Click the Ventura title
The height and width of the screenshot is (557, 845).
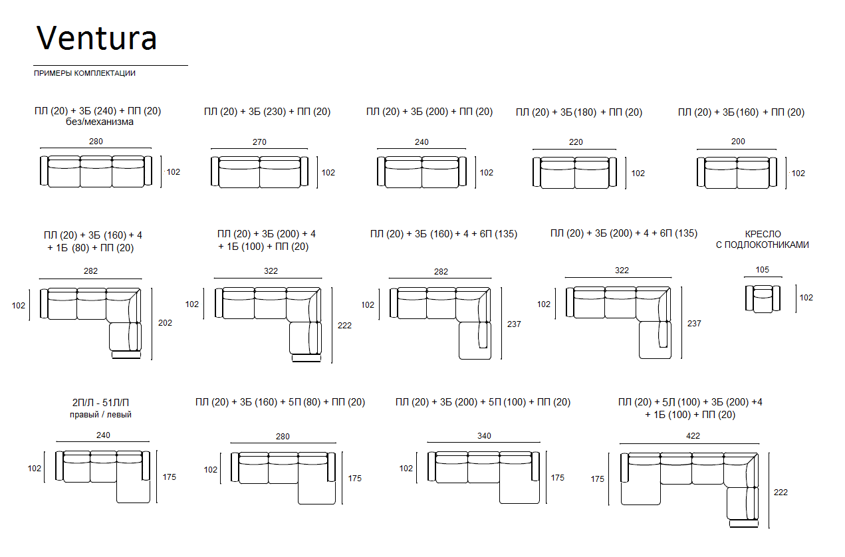pyautogui.click(x=96, y=38)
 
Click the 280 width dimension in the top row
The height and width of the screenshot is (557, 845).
pyautogui.click(x=96, y=142)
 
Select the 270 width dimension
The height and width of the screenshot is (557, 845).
pyautogui.click(x=259, y=142)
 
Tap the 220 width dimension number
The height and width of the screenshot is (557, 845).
pyautogui.click(x=576, y=142)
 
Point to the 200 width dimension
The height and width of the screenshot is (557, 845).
pyautogui.click(x=738, y=142)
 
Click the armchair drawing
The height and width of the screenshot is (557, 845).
pyautogui.click(x=763, y=298)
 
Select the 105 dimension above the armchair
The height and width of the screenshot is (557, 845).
pyautogui.click(x=762, y=270)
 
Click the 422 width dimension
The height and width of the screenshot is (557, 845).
pyautogui.click(x=693, y=436)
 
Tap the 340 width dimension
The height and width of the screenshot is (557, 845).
pyautogui.click(x=484, y=436)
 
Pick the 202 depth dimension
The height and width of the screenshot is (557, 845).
pyautogui.click(x=165, y=323)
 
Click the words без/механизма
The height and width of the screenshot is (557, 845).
pyautogui.click(x=100, y=122)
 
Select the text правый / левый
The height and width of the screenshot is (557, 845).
pyautogui.click(x=100, y=415)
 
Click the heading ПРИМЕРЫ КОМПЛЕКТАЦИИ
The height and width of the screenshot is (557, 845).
pyautogui.click(x=84, y=73)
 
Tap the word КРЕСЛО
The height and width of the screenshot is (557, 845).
pyautogui.click(x=763, y=234)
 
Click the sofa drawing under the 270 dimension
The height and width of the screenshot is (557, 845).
pyautogui.click(x=259, y=172)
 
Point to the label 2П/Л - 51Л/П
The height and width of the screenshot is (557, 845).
pyautogui.click(x=100, y=402)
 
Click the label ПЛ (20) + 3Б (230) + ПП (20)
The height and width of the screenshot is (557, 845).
pyautogui.click(x=267, y=112)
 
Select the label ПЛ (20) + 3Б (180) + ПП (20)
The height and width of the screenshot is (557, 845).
pyautogui.click(x=579, y=112)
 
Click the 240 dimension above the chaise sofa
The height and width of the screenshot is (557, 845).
pyautogui.click(x=103, y=435)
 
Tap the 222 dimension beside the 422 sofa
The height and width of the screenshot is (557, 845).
pyautogui.click(x=781, y=493)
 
